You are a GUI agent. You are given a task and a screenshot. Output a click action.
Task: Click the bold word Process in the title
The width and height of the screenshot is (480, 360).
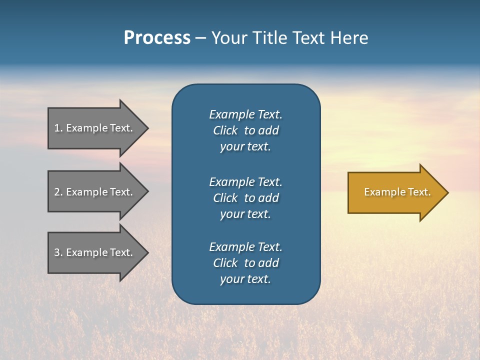pyautogui.click(x=157, y=38)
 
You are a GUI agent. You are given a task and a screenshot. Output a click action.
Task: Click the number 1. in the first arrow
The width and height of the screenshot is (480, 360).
pyautogui.click(x=58, y=128)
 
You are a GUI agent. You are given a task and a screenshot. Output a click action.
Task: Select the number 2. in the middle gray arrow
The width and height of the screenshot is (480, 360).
pyautogui.click(x=58, y=192)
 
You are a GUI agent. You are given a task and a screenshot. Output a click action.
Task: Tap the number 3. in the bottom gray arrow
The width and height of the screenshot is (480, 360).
pyautogui.click(x=58, y=252)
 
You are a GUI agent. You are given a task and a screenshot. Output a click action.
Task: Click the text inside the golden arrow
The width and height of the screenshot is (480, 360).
pyautogui.click(x=397, y=192)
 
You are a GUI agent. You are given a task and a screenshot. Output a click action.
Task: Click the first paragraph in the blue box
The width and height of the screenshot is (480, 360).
pyautogui.click(x=245, y=130)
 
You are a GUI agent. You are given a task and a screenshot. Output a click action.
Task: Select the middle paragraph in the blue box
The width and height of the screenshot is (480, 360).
pyautogui.click(x=245, y=198)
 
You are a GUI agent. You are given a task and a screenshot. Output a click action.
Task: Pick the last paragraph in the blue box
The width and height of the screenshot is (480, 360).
pyautogui.click(x=245, y=263)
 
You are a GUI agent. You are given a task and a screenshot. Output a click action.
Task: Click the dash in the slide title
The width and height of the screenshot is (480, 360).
pyautogui.click(x=200, y=38)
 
